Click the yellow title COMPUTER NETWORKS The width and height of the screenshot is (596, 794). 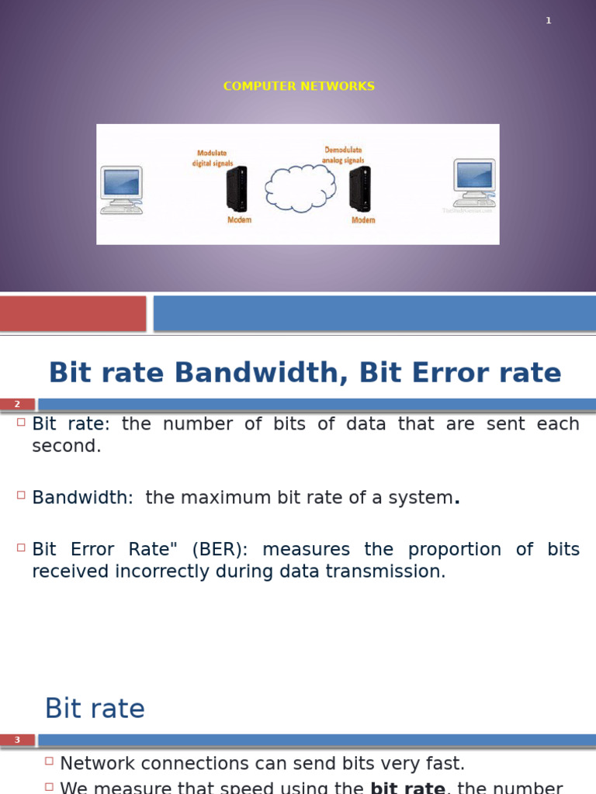(299, 86)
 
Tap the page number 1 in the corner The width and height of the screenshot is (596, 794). (549, 21)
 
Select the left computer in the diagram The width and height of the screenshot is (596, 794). (121, 188)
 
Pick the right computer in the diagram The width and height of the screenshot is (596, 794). (473, 184)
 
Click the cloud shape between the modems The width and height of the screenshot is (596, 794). (300, 188)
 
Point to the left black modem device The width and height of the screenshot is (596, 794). (237, 189)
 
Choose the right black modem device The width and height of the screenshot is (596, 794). (360, 188)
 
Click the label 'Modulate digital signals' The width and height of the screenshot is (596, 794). (212, 158)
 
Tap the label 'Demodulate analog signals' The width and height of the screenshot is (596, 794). (342, 154)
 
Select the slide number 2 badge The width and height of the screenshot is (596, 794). (17, 404)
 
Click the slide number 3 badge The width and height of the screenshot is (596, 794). (17, 740)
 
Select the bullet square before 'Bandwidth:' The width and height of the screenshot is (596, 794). (21, 495)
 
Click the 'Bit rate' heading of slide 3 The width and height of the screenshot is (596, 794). (95, 709)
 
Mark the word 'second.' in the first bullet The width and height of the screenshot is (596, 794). (67, 447)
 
